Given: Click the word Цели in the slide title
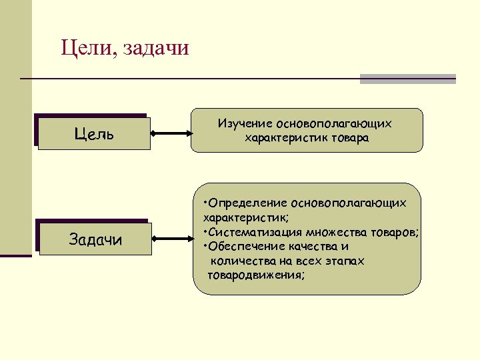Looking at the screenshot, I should [x=84, y=48].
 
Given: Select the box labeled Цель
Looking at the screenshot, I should [x=94, y=134].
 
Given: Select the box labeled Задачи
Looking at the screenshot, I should [x=95, y=239].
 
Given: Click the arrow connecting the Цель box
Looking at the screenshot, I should [x=171, y=133].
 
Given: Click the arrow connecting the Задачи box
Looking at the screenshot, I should [x=172, y=237].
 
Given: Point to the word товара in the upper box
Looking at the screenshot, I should [x=350, y=138].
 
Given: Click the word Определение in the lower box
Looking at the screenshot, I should [x=247, y=202].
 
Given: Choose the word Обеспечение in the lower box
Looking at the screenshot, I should [x=244, y=246].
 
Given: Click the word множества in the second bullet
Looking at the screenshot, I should [x=334, y=232].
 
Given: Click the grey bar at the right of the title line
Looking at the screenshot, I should [x=407, y=79].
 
